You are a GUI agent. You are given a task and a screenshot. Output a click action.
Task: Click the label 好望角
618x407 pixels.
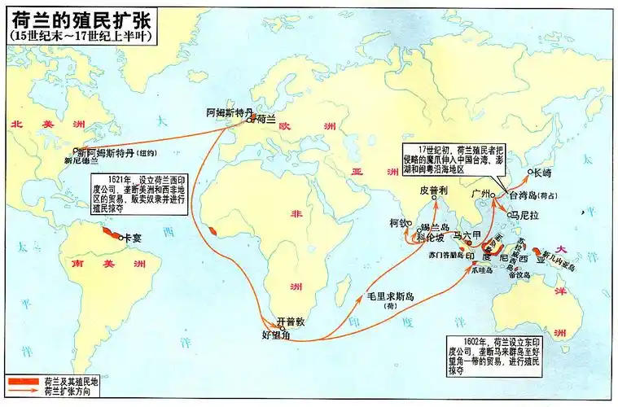click(274, 335)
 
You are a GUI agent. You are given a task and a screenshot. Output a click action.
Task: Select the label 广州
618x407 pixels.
click(483, 193)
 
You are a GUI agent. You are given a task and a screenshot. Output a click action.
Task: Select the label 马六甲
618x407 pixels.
click(468, 235)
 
